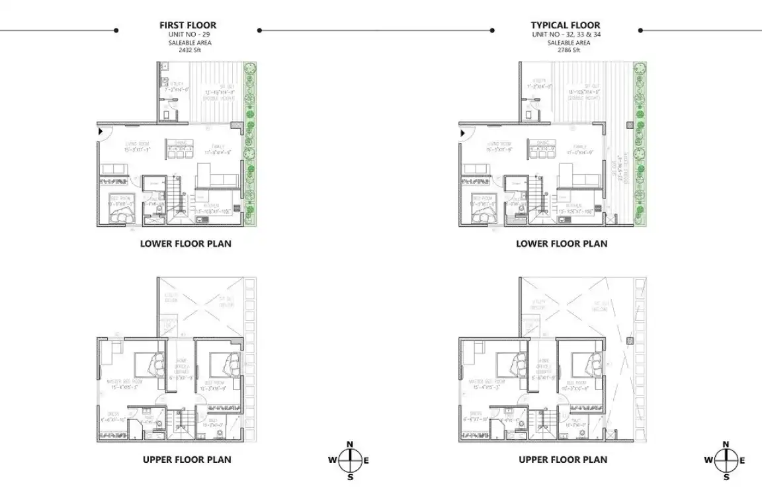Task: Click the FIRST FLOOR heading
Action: [187, 25]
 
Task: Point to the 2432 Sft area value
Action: [189, 50]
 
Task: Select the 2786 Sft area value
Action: [566, 50]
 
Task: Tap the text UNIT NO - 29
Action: [188, 34]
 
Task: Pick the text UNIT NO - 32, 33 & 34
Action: [566, 34]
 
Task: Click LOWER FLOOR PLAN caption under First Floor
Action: [186, 243]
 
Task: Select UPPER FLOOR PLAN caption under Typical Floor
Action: [563, 460]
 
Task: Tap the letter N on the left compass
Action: [351, 444]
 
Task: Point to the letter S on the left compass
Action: [351, 477]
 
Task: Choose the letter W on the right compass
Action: [708, 461]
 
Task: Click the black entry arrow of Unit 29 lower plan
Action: [101, 132]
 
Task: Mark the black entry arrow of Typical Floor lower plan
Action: [462, 132]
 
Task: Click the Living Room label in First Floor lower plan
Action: [138, 143]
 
